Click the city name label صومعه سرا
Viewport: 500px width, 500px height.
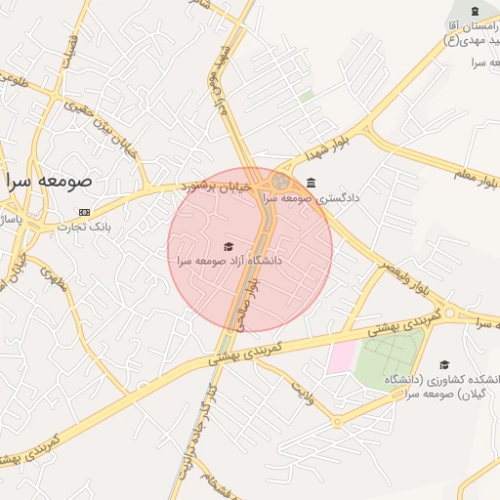(48, 182)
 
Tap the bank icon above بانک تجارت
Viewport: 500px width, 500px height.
(84, 212)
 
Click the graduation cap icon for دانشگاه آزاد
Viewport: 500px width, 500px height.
(229, 246)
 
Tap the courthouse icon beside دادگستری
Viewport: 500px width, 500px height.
(311, 183)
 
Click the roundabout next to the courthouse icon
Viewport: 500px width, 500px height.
(280, 181)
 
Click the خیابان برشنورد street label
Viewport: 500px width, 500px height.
(220, 185)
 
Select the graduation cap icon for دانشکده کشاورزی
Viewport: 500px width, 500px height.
(444, 364)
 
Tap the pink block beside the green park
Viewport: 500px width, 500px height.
(341, 356)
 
